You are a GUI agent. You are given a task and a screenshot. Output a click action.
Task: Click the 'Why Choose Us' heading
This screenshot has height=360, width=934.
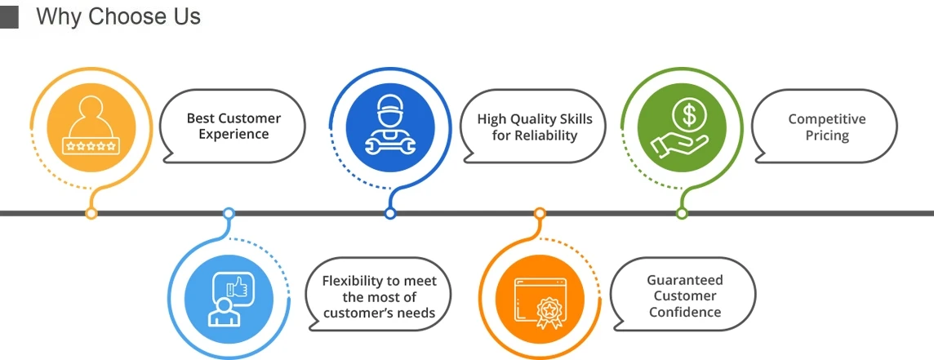pos(118,16)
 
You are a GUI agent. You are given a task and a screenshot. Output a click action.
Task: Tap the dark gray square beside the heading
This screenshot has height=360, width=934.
pos(8,17)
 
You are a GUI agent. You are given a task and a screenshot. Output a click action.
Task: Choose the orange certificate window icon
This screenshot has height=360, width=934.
pos(539,298)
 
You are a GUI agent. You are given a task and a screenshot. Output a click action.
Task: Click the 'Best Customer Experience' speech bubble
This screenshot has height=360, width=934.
pos(233,127)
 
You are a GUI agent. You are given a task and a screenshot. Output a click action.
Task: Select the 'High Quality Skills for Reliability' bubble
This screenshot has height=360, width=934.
pos(535,127)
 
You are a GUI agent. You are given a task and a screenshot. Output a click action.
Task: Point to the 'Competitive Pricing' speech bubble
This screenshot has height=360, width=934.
pos(825,127)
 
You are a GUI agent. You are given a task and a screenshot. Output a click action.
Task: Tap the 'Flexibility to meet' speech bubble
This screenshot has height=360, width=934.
pos(379,296)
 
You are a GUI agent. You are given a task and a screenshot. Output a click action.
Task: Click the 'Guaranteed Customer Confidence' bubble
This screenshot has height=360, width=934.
pos(684,295)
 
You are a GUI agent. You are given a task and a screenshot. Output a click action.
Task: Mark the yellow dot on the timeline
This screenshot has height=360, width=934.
pos(91,214)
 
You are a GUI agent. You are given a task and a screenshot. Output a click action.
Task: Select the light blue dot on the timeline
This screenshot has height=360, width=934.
pos(229,214)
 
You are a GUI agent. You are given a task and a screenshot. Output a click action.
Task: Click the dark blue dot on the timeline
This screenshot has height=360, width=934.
pos(390,214)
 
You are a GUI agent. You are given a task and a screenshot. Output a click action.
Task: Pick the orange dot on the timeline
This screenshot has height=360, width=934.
pos(540,214)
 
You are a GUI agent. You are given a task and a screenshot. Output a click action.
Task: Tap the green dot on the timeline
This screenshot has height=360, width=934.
pos(682,214)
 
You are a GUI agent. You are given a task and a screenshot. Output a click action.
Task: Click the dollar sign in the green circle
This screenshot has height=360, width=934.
pos(689,116)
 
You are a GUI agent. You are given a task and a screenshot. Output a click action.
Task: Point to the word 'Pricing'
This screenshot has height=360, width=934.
pos(827,136)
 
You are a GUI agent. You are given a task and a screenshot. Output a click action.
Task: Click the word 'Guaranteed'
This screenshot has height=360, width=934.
pos(685,280)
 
